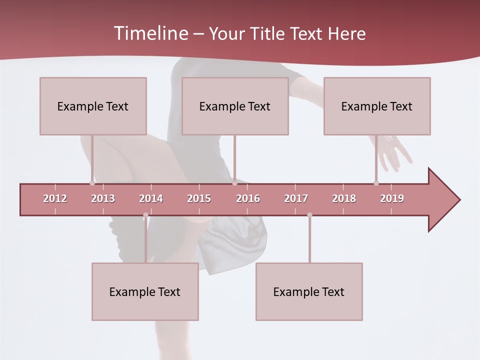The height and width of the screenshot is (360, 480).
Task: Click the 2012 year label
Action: (x=55, y=198)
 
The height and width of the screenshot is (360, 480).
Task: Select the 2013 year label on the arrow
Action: (x=103, y=198)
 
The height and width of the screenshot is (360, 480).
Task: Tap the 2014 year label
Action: (x=151, y=198)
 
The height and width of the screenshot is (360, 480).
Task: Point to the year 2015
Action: (x=199, y=198)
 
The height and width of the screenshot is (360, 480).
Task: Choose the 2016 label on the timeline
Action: (x=248, y=198)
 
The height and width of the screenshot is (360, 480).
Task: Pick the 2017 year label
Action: (x=296, y=198)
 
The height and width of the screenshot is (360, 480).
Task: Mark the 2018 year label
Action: (x=344, y=198)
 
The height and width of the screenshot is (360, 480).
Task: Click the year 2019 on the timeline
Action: (x=392, y=198)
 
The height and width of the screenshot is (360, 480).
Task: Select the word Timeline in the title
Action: (x=150, y=33)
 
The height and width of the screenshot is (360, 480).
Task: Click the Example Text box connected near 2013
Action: (x=93, y=106)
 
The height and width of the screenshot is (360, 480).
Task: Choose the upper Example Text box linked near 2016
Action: (x=235, y=106)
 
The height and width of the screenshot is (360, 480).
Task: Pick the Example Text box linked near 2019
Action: (x=377, y=106)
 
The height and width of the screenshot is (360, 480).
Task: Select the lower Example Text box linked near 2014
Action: (x=145, y=291)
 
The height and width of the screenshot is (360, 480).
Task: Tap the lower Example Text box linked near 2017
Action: (x=309, y=291)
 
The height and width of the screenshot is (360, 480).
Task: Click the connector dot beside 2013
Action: (x=92, y=183)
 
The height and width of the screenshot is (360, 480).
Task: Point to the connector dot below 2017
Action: (x=309, y=215)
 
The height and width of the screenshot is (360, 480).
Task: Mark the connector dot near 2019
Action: (x=376, y=183)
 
